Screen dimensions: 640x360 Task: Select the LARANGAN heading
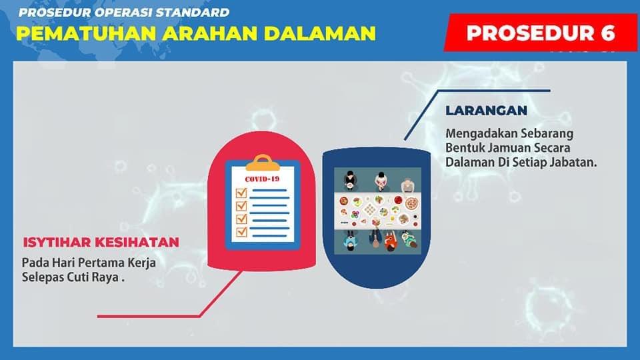(486, 110)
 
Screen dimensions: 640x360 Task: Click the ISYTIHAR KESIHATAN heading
(101, 242)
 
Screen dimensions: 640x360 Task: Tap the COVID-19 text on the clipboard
(262, 179)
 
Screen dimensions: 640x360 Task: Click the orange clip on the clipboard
(263, 162)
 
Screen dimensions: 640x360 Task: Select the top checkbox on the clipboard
(241, 192)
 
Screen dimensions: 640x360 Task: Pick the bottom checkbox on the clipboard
(241, 231)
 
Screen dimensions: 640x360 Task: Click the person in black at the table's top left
(349, 180)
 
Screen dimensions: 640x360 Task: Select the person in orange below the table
(390, 241)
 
